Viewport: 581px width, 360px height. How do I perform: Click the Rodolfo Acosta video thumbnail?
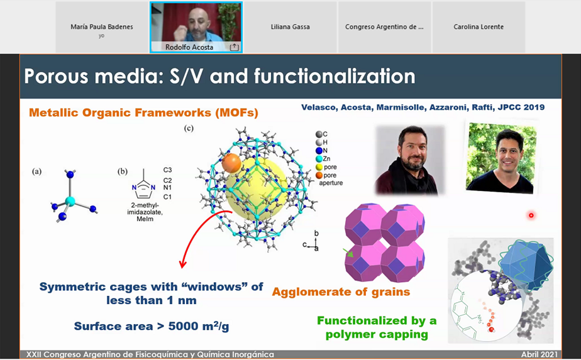196,27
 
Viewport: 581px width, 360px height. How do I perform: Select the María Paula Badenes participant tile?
102,27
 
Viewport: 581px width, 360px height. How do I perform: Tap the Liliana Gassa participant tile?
290,27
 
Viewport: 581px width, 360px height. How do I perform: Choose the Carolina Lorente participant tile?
479,27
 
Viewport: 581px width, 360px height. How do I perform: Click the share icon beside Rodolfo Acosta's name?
234,47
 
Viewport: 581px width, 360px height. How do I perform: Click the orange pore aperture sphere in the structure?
231,163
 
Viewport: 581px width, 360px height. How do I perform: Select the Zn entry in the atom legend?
323,158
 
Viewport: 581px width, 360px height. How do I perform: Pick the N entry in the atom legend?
321,150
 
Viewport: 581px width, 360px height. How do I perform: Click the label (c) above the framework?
189,129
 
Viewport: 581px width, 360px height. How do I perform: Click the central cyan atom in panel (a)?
70,202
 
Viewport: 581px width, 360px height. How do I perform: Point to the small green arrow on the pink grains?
348,253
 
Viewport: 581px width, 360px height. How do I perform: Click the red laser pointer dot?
531,215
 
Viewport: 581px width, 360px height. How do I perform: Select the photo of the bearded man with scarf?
409,160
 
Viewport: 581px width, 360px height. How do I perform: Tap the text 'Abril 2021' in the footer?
539,354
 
